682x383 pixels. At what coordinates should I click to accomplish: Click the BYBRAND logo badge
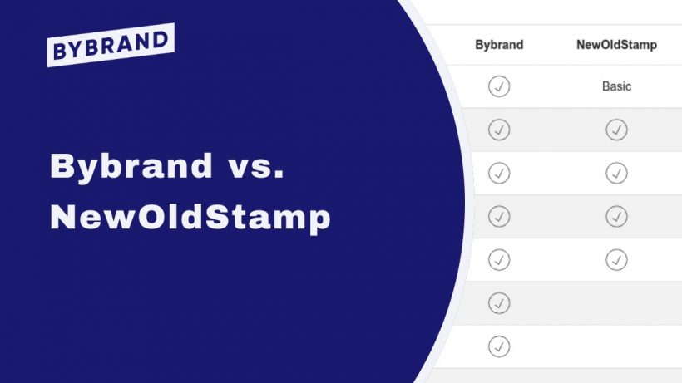click(111, 45)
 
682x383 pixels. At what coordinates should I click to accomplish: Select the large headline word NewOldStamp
click(190, 217)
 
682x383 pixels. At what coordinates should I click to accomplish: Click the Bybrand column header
click(499, 45)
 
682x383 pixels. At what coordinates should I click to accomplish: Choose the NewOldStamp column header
click(616, 45)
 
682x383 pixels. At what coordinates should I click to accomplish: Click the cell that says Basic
click(616, 86)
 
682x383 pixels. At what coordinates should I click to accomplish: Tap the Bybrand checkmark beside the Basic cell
click(499, 86)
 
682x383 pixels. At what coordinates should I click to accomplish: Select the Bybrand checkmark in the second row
click(499, 130)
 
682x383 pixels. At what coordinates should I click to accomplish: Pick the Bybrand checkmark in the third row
click(499, 173)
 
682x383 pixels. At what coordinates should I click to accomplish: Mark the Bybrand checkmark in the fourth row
click(499, 216)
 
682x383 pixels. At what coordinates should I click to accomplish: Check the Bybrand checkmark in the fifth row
click(499, 259)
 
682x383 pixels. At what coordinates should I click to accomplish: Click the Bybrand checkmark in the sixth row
click(499, 302)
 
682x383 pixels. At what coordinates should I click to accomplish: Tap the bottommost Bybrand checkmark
click(499, 346)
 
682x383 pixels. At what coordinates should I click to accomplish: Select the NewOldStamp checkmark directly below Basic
click(616, 130)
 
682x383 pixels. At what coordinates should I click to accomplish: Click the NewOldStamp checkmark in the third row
click(616, 173)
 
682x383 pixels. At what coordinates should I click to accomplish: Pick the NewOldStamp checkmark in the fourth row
click(616, 216)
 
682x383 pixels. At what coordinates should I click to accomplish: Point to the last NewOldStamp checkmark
click(616, 259)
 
